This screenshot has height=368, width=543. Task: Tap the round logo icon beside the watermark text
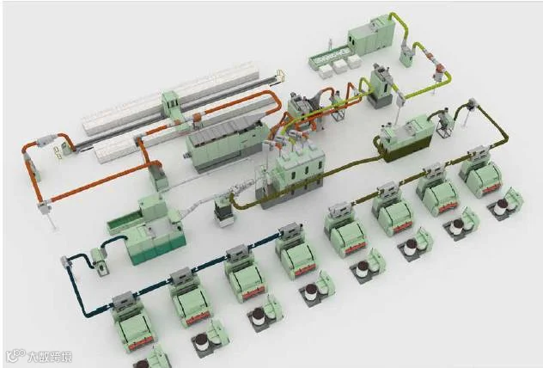pos(16,355)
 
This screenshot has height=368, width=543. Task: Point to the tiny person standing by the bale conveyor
pos(331,44)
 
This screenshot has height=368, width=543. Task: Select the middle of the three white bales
pos(339,65)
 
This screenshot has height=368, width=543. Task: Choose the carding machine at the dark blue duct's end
pos(132,321)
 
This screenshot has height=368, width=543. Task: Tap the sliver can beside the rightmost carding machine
pos(500,207)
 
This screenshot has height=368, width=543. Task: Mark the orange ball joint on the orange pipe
pos(197,118)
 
